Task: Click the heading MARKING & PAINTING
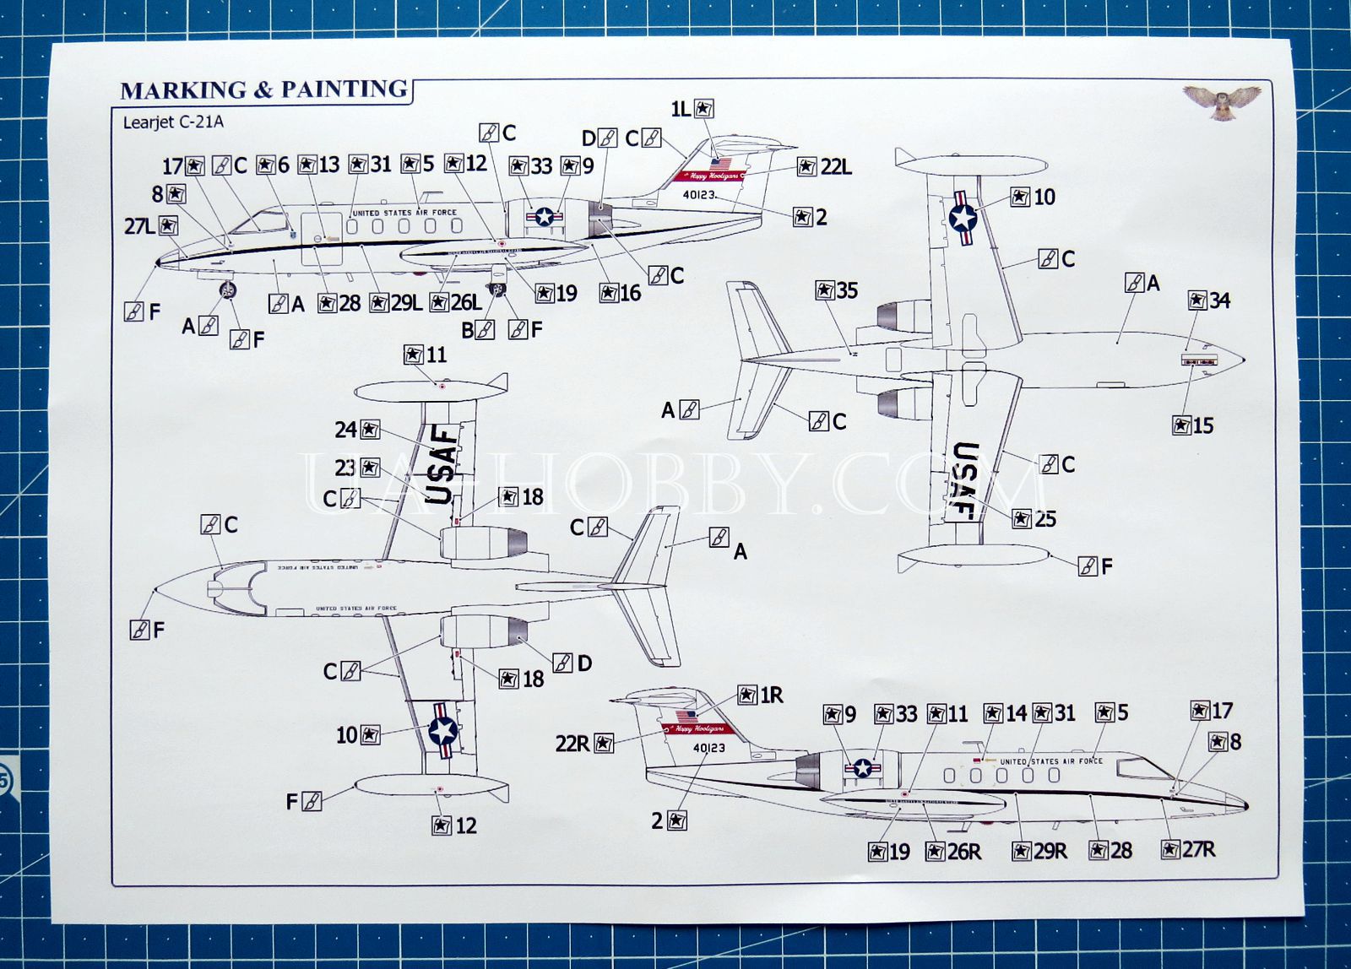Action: click(264, 89)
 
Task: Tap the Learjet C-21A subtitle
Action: click(173, 122)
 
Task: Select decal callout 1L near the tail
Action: click(692, 108)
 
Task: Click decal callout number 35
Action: click(836, 290)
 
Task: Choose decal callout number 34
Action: click(1208, 300)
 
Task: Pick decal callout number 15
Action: click(1192, 425)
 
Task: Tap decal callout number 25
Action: click(1034, 518)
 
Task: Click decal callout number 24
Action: click(357, 430)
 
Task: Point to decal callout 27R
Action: click(1187, 849)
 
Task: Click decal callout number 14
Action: click(1005, 714)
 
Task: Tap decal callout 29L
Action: click(395, 302)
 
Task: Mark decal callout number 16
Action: click(620, 293)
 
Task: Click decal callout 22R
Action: click(584, 743)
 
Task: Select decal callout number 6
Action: click(273, 165)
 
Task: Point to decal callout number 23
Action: click(357, 468)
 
